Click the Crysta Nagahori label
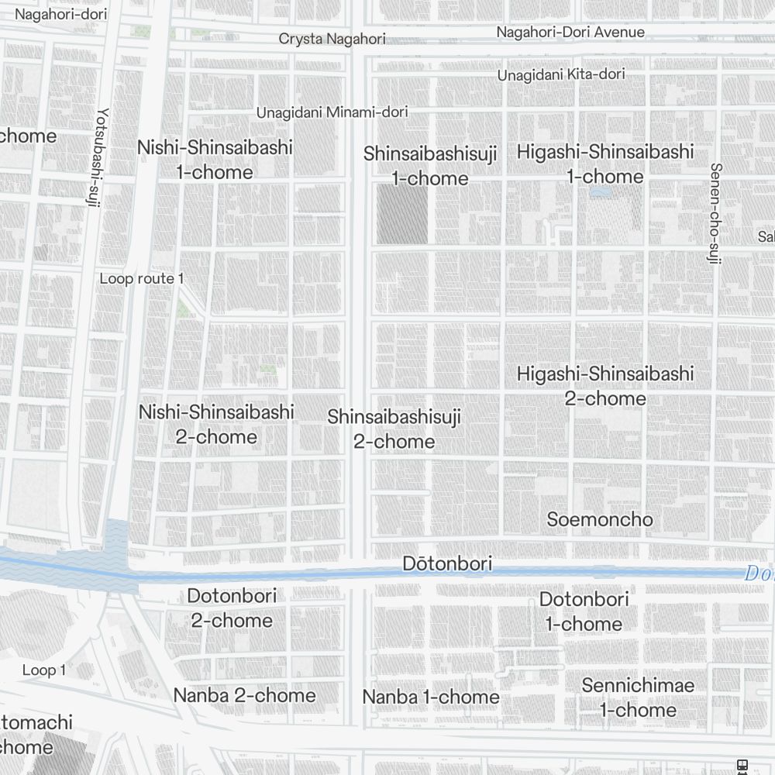tap(332, 39)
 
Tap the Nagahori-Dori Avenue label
tap(570, 32)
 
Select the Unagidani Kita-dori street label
tap(561, 74)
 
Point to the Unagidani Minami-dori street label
tap(332, 112)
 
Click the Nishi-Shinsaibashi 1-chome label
tap(215, 160)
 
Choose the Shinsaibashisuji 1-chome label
tap(430, 166)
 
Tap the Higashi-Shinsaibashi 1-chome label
tap(605, 164)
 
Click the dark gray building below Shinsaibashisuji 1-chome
tap(402, 214)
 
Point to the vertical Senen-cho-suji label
tap(715, 213)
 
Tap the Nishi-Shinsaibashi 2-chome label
tap(216, 424)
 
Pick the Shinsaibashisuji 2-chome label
tap(394, 429)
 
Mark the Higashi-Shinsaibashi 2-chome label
tap(605, 386)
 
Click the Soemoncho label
tap(600, 519)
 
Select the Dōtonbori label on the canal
tap(447, 563)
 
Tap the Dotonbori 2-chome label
tap(232, 608)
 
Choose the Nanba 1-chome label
tap(431, 697)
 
